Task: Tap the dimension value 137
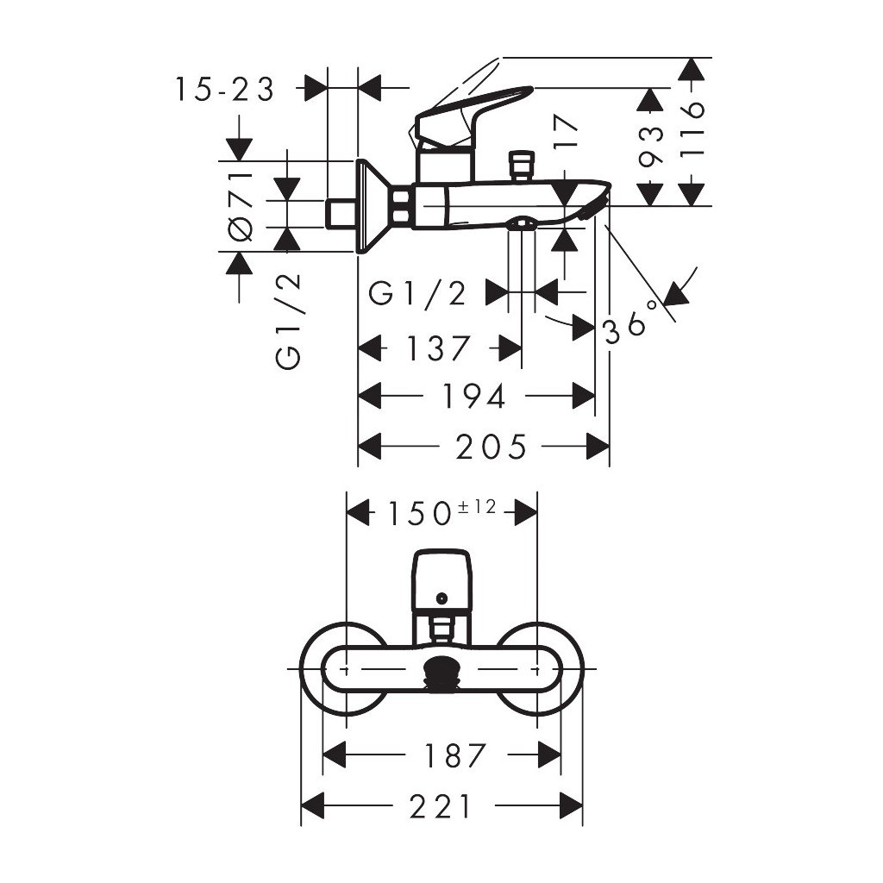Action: coord(440,348)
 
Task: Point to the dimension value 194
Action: coord(473,396)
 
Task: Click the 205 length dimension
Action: coord(491,447)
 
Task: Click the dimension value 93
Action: coord(653,146)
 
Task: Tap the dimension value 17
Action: coord(566,136)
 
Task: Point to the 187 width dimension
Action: coord(454,755)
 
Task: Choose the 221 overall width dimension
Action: coord(441,807)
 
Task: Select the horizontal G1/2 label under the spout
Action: coord(417,293)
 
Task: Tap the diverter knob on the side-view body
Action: coord(520,165)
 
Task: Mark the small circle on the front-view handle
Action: coord(441,597)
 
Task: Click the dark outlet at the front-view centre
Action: coord(441,670)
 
